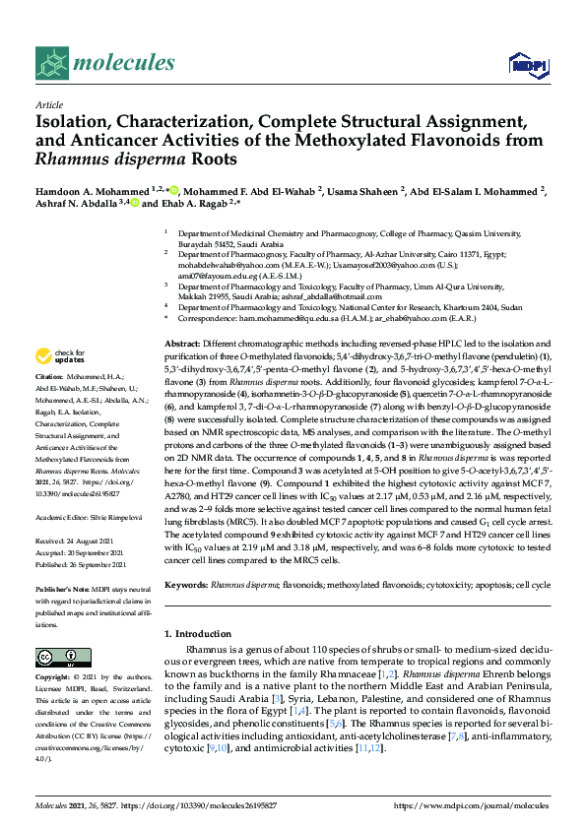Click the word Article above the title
(x=47, y=103)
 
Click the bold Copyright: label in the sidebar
(x=55, y=678)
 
